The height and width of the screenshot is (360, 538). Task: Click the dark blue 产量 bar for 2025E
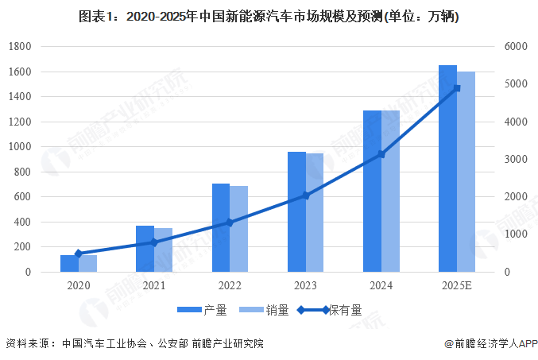point(447,168)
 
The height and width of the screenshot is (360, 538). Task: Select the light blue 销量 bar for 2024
point(390,191)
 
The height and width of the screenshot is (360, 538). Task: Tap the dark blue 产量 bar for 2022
point(221,227)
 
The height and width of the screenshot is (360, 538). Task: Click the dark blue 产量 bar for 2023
point(296,211)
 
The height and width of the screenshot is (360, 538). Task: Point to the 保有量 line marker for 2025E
point(457,88)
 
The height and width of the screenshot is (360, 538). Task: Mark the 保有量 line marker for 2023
point(306,195)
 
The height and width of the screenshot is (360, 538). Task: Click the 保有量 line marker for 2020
point(79,254)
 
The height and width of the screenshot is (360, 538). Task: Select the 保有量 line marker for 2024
point(381,154)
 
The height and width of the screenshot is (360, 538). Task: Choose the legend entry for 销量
point(266,310)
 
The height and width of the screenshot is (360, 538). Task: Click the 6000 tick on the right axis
point(515,47)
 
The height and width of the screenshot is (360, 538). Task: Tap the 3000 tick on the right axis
point(515,160)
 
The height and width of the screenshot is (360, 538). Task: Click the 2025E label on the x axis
point(457,285)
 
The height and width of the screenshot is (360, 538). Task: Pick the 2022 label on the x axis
point(230,285)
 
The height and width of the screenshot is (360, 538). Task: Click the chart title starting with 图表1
point(269,16)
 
